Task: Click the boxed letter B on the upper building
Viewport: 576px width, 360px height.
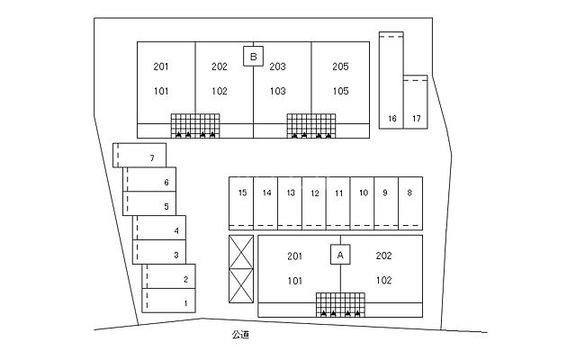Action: (254, 57)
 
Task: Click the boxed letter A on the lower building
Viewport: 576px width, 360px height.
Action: (340, 255)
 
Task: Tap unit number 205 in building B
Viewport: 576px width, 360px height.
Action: (339, 67)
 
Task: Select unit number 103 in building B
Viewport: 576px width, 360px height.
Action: (277, 91)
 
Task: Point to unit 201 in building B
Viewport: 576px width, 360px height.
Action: (162, 67)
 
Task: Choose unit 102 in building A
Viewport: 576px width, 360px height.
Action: (383, 280)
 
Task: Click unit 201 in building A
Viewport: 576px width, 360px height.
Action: (294, 256)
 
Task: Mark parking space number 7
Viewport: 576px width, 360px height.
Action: (152, 158)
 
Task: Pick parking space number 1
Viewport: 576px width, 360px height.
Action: (185, 303)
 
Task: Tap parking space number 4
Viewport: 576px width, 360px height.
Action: (176, 231)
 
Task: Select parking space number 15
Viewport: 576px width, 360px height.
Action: (242, 193)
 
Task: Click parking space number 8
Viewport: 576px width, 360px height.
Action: (409, 193)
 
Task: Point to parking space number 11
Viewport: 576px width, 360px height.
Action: (338, 193)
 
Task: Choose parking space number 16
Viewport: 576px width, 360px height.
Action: (391, 119)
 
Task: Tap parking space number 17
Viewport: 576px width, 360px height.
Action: (416, 119)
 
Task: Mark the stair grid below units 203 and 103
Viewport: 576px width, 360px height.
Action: (310, 125)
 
